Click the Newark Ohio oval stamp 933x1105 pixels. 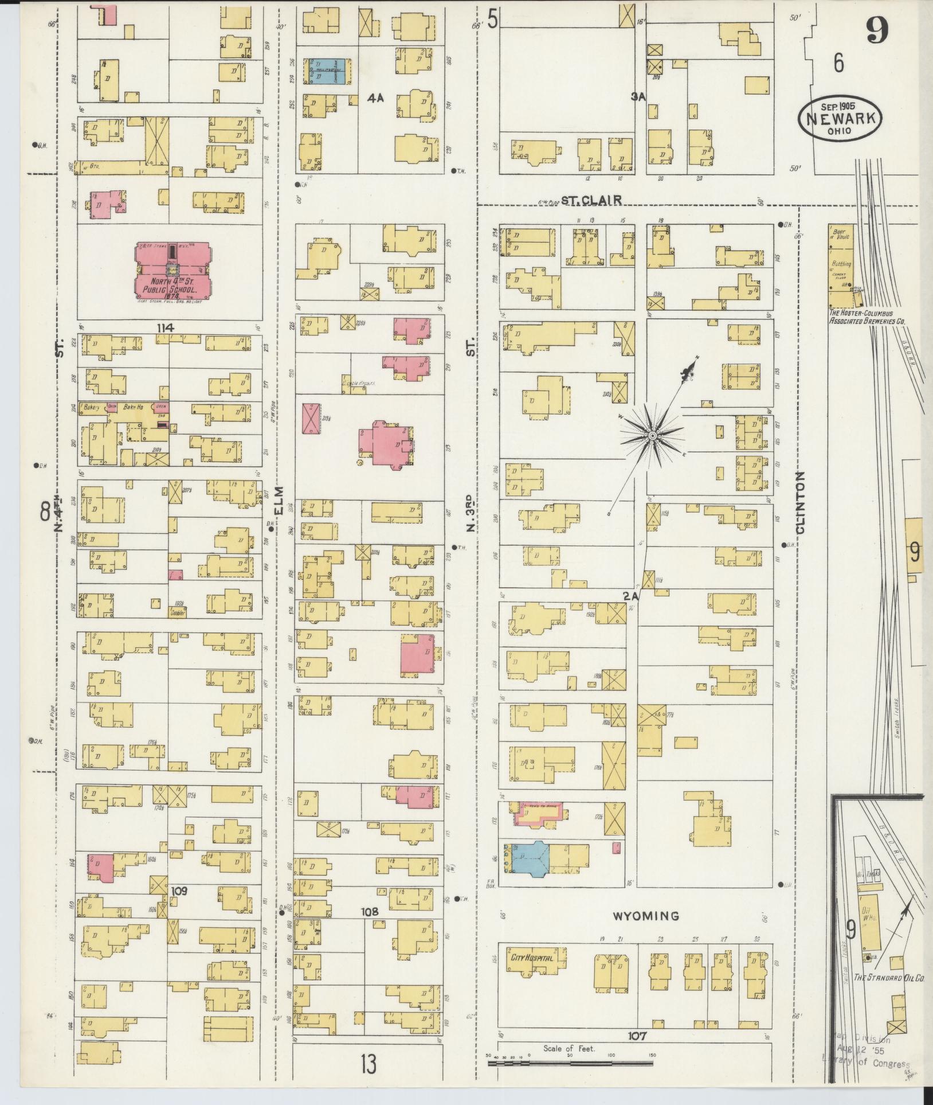tap(840, 116)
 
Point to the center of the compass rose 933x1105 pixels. tap(652, 436)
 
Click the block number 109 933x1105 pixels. tap(179, 891)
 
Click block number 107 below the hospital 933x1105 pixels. tap(637, 1036)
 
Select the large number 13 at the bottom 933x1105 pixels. tap(369, 1065)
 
